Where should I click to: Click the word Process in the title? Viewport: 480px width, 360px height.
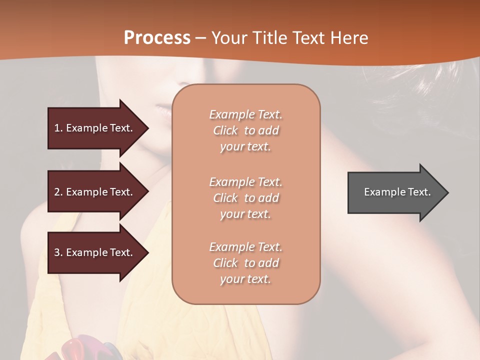tap(157, 37)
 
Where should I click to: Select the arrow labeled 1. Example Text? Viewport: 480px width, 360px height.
tap(95, 128)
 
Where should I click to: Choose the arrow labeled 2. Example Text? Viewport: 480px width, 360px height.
tap(95, 192)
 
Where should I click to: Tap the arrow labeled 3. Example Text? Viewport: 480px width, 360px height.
tap(95, 252)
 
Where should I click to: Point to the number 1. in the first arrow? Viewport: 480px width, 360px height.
tap(58, 128)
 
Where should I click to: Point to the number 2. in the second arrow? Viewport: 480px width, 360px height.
tap(58, 192)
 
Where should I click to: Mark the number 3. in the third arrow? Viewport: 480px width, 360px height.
tap(58, 252)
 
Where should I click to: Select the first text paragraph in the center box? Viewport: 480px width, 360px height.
tap(245, 130)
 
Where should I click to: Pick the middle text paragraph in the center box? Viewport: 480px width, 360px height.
tap(245, 198)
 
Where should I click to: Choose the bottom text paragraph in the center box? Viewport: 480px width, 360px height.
tap(245, 263)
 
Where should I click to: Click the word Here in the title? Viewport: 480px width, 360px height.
tap(350, 37)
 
